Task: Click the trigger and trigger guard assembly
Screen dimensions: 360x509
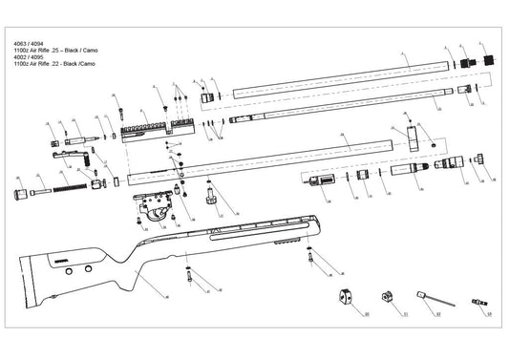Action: click(149, 205)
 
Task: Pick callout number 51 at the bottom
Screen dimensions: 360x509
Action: click(404, 313)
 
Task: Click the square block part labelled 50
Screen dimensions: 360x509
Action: click(346, 296)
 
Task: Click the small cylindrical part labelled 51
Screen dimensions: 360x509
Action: click(389, 297)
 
